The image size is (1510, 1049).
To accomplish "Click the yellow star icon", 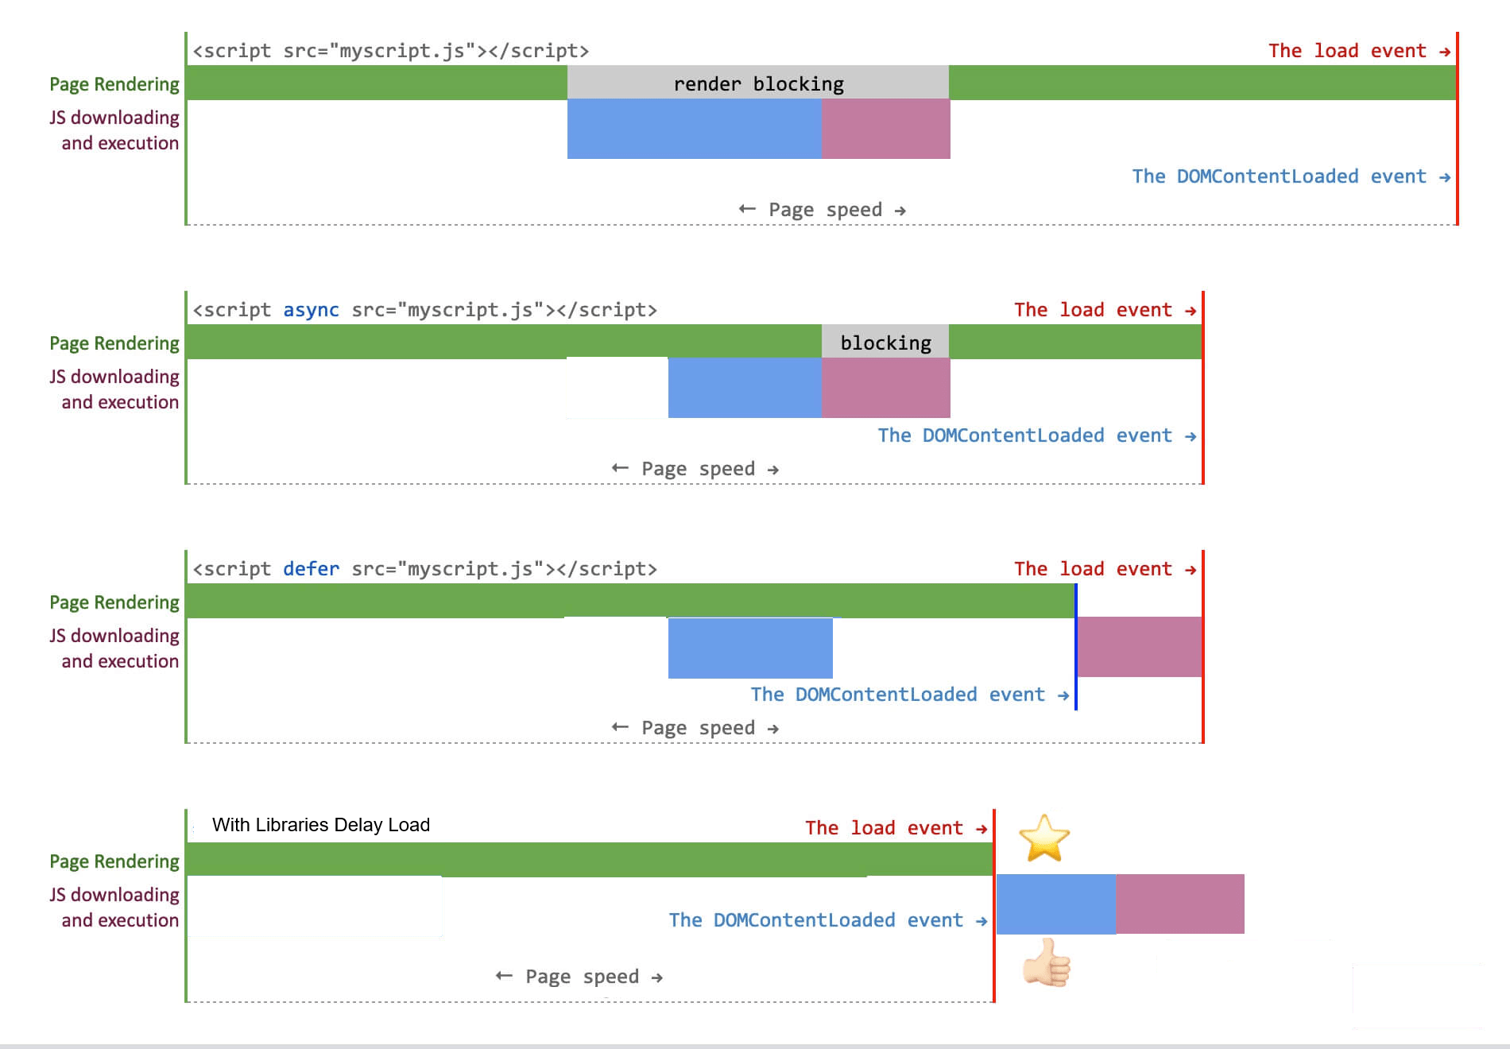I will pos(1043,838).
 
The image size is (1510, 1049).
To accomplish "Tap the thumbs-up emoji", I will pos(1047,962).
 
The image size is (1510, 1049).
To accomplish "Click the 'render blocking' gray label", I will pos(758,83).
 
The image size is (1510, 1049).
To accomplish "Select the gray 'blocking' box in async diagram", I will pos(885,343).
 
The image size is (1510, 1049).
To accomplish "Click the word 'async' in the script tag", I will pos(311,310).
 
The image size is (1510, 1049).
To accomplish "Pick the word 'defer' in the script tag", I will pos(311,569).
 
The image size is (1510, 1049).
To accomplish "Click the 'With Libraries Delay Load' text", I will pos(320,825).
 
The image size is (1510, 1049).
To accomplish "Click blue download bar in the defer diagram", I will pos(749,648).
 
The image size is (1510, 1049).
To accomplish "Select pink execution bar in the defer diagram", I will pos(1139,647).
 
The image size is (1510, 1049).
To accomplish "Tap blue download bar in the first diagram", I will pos(693,129).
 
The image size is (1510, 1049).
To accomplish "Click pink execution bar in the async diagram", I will pos(885,388).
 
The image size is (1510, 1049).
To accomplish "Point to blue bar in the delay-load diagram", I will pos(1055,904).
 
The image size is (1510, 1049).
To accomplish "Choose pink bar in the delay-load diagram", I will pos(1179,904).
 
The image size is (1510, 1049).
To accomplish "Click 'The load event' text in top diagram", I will pos(1358,51).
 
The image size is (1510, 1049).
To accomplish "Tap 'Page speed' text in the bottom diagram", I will pos(582,977).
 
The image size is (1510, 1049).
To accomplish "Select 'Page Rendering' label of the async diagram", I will pos(114,343).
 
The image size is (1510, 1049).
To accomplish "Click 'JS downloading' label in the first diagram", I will pos(114,118).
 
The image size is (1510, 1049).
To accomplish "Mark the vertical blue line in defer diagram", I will pos(1075,648).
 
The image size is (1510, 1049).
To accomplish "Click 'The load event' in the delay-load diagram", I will pos(895,828).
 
